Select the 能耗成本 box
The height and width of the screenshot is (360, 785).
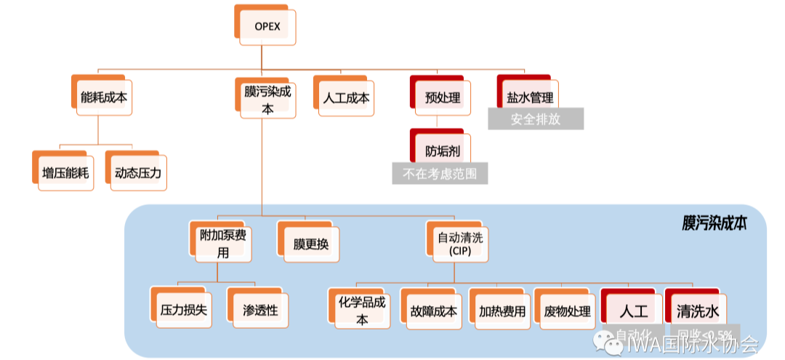pyautogui.click(x=106, y=96)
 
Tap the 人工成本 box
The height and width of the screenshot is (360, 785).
pyautogui.click(x=346, y=97)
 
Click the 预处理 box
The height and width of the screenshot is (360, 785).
pyautogui.click(x=443, y=97)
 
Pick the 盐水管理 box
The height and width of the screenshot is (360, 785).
pyautogui.click(x=530, y=97)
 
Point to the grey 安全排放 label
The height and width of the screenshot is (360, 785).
pyautogui.click(x=536, y=119)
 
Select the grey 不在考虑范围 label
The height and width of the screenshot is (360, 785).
pyautogui.click(x=440, y=174)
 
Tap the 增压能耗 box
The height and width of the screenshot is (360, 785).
pyautogui.click(x=66, y=173)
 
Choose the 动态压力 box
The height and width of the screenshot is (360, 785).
pyautogui.click(x=137, y=173)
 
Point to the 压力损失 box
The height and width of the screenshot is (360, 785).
pyautogui.click(x=183, y=310)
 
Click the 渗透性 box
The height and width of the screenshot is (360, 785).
pyautogui.click(x=259, y=310)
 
